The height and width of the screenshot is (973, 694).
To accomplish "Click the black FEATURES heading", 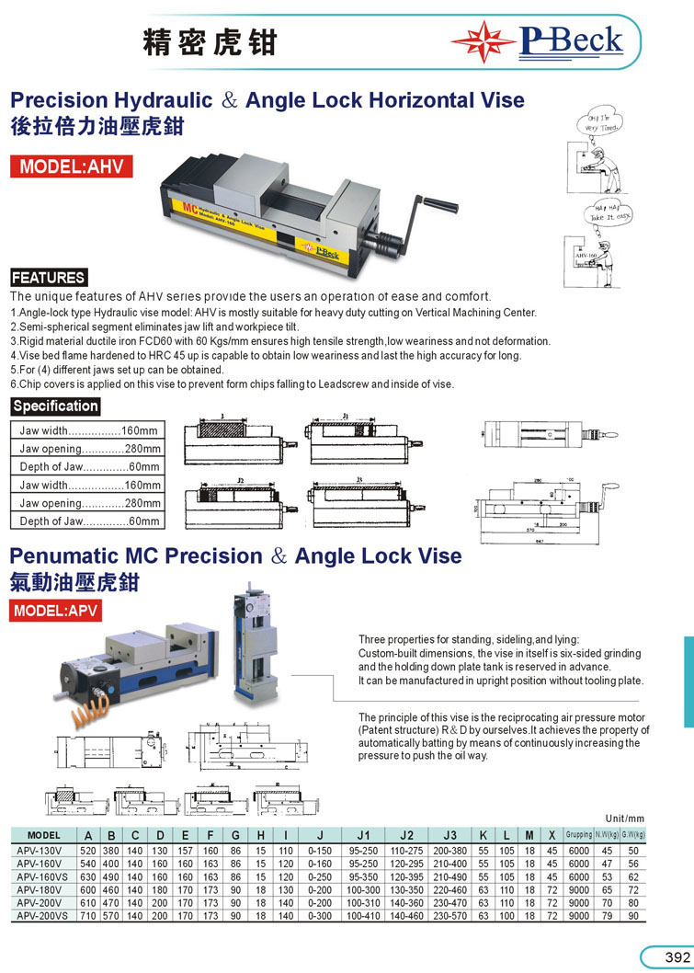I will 48,278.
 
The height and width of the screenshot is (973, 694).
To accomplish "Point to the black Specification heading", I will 55,406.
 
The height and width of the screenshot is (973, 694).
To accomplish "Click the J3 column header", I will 449,835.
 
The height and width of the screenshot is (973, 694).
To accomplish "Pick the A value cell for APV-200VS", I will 88,917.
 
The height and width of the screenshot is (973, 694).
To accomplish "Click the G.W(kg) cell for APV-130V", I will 631,851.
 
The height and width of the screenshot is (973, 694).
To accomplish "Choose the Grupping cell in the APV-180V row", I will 579,890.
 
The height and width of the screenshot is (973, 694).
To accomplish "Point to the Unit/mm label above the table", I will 625,818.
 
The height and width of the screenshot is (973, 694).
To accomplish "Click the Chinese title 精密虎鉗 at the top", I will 210,42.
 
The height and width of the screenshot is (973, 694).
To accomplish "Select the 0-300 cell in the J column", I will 320,917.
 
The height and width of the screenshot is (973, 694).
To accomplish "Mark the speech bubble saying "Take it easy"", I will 609,214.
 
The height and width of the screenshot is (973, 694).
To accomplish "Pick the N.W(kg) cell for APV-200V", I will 606,903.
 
